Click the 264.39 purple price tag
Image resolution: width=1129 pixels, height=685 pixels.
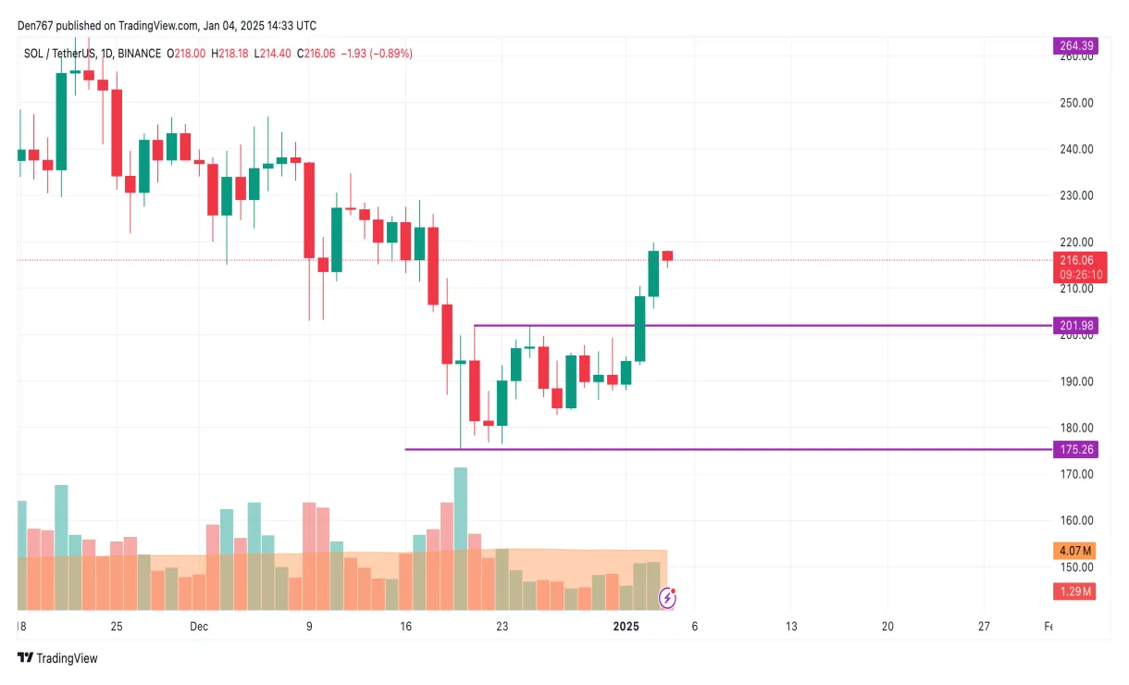[x=1074, y=45]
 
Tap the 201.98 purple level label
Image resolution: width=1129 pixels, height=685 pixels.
[x=1074, y=325]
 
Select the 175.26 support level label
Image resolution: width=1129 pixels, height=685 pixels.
[x=1074, y=449]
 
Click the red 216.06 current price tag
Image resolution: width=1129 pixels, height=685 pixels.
[x=1074, y=260]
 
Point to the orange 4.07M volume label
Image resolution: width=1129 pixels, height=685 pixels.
[x=1074, y=550]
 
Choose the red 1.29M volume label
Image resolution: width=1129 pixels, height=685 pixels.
[x=1074, y=591]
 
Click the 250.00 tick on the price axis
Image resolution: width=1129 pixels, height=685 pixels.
[x=1076, y=103]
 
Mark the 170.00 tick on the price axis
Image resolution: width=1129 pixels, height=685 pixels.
[x=1076, y=474]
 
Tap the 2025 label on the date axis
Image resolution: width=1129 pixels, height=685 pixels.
[x=627, y=627]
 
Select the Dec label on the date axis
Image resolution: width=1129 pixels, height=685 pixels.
[x=198, y=627]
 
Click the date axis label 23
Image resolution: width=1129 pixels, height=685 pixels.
[x=502, y=627]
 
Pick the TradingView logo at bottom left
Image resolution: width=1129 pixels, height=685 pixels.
[x=57, y=658]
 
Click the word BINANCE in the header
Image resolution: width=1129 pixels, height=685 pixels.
[x=138, y=54]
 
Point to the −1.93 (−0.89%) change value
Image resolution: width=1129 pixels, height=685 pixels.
[x=377, y=54]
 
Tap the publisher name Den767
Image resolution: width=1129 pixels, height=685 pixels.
[x=37, y=26]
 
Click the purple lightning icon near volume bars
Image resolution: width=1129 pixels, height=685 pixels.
[x=667, y=598]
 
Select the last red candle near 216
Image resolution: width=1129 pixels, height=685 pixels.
[x=667, y=255]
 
